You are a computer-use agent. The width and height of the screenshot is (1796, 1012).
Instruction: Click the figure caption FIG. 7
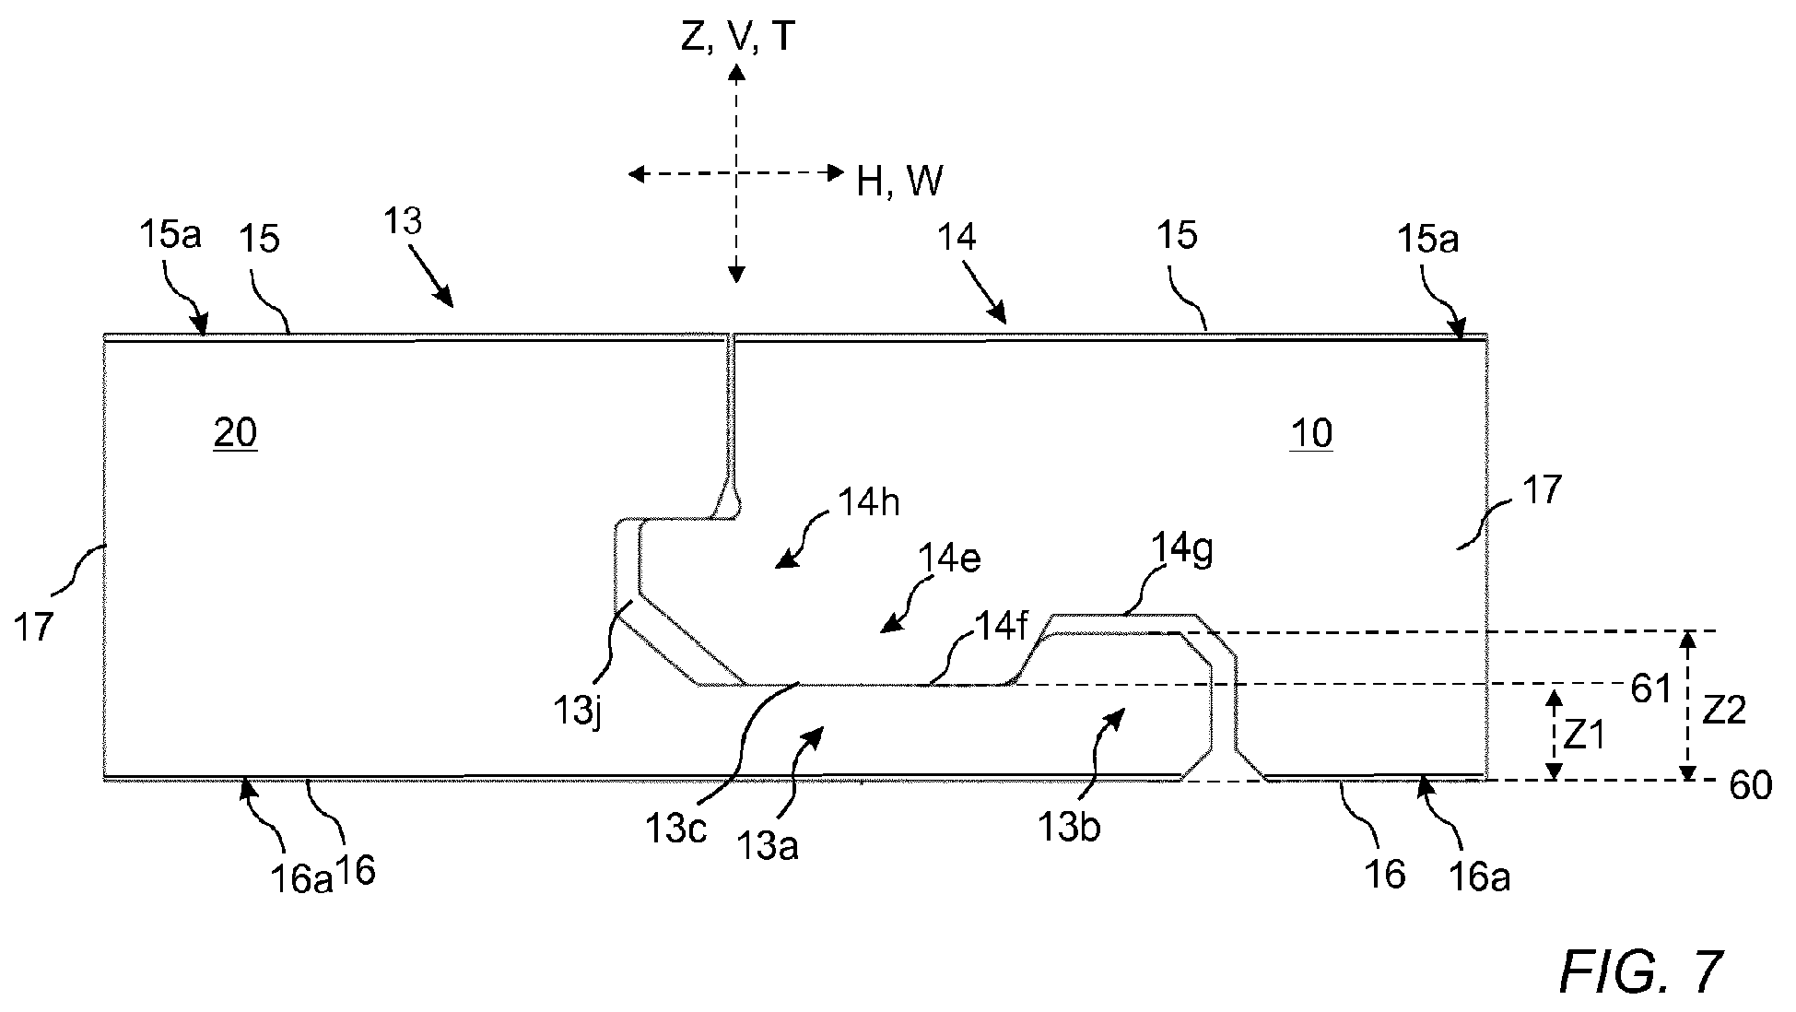[x=1640, y=972]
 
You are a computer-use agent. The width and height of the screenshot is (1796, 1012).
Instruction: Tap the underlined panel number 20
[x=235, y=433]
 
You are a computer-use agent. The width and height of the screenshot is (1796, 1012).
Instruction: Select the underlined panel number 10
[x=1311, y=433]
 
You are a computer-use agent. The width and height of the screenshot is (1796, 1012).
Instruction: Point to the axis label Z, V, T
[x=736, y=39]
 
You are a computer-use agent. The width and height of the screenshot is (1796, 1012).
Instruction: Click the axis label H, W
[x=899, y=182]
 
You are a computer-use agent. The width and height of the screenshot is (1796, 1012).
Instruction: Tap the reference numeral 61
[x=1650, y=688]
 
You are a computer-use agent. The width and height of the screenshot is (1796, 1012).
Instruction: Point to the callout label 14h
[x=869, y=503]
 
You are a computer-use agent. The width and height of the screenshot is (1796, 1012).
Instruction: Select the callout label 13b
[x=1069, y=828]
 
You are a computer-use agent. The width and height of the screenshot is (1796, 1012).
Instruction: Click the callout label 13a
[x=768, y=845]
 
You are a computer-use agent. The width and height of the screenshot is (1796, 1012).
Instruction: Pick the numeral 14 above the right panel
[x=957, y=238]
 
